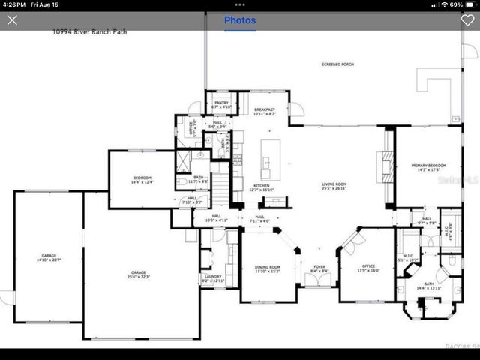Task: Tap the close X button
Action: click(x=12, y=20)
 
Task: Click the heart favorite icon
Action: click(x=467, y=20)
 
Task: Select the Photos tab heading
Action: click(x=240, y=20)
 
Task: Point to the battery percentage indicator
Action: click(x=456, y=4)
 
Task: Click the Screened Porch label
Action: click(x=337, y=65)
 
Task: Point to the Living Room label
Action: click(x=334, y=185)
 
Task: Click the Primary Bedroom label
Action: click(x=428, y=166)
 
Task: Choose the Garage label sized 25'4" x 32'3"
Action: click(x=139, y=274)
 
